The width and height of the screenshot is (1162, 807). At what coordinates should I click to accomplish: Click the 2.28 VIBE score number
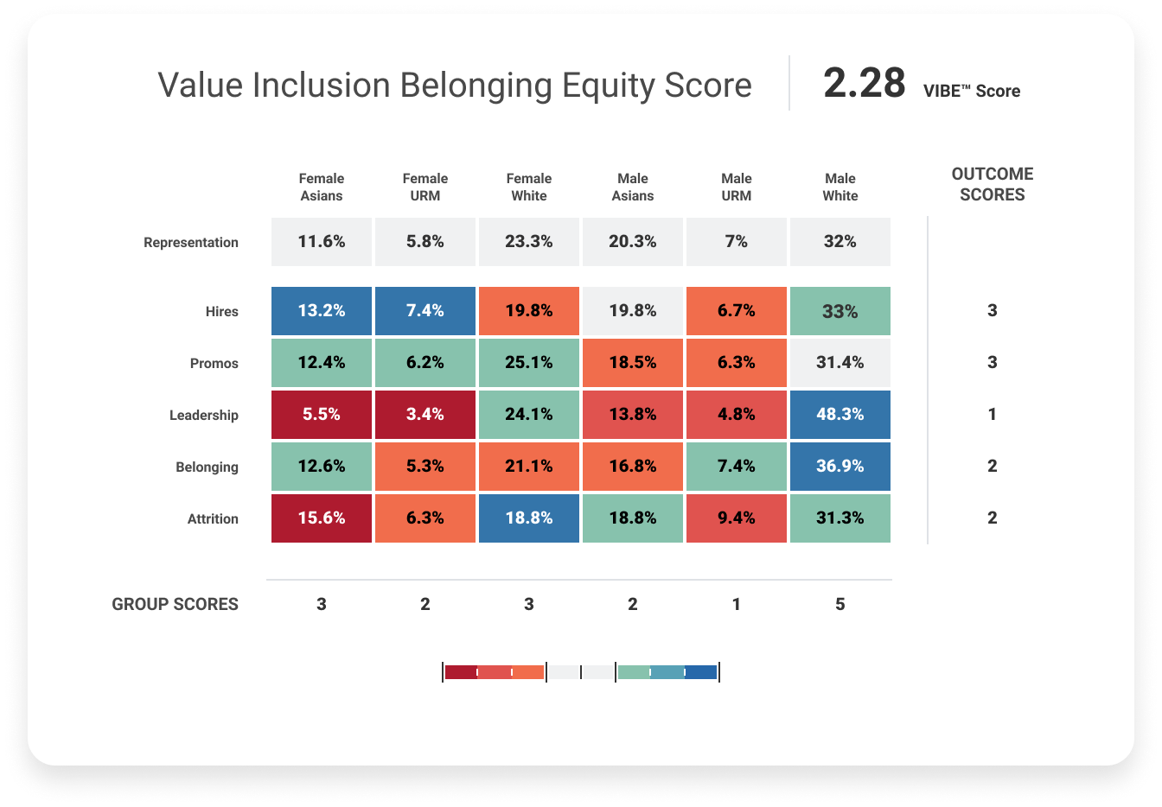tap(864, 84)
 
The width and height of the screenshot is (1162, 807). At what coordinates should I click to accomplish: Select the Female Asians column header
tap(322, 187)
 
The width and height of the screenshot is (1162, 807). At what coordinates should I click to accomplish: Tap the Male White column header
tap(840, 187)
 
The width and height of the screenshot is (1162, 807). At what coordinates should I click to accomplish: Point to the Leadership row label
tap(203, 416)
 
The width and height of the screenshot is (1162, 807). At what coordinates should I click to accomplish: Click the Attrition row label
tap(213, 519)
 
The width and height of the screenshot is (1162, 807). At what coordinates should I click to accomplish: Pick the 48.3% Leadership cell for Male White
tap(840, 415)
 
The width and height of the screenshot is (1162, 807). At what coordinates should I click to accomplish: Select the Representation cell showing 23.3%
tap(528, 242)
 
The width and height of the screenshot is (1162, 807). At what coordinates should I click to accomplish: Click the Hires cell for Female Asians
tap(322, 311)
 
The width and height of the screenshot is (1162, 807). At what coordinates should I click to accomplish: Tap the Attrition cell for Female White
tap(528, 518)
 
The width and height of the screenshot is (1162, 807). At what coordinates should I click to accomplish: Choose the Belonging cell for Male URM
tap(736, 467)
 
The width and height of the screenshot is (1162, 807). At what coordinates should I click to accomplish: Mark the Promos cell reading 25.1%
tap(528, 363)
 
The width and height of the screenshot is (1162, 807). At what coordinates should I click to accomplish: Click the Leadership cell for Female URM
tap(425, 415)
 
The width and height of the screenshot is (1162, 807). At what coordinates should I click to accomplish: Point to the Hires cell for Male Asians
tap(632, 311)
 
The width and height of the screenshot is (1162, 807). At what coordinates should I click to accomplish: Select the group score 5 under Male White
tap(840, 605)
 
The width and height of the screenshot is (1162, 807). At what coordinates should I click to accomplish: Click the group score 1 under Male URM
tap(736, 605)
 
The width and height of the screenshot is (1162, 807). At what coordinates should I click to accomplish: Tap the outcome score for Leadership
tap(992, 415)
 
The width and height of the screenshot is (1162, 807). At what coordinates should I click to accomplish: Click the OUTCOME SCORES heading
tap(992, 185)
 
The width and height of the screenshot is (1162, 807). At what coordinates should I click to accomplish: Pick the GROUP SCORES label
tap(175, 605)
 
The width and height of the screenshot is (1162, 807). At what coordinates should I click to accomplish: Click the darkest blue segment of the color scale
tap(701, 672)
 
